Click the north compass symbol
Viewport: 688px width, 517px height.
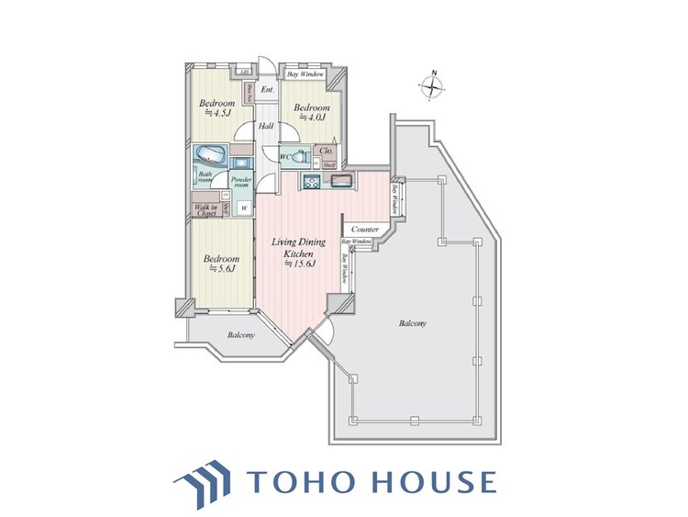(432, 87)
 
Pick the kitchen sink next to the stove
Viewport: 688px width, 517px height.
(341, 179)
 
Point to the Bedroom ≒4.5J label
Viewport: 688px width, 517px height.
(216, 110)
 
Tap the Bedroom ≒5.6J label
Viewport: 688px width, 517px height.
(221, 264)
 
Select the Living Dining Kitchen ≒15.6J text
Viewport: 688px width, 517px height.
(299, 253)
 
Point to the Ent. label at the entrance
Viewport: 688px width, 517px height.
(268, 90)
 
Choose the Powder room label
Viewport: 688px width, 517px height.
(241, 181)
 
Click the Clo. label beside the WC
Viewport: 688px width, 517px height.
(325, 151)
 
